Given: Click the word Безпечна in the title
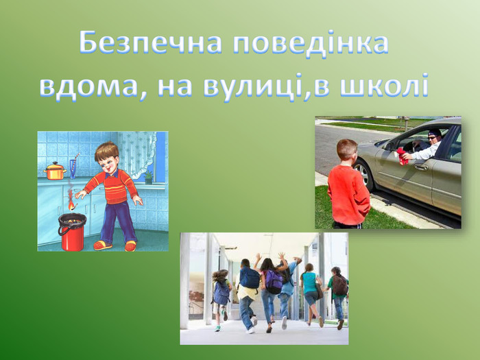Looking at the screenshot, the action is (x=150, y=43).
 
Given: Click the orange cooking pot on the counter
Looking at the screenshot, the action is (x=55, y=171).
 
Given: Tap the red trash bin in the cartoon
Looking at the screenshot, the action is (x=72, y=232).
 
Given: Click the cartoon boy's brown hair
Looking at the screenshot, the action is (x=106, y=151).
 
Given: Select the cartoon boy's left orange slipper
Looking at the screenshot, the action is (x=103, y=245).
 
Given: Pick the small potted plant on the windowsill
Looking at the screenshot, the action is (x=149, y=177).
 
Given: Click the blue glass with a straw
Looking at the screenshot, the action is (x=73, y=168).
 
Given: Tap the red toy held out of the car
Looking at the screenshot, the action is (x=402, y=156).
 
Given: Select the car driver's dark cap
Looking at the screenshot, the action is (x=435, y=132).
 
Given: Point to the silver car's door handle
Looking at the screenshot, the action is (x=421, y=167).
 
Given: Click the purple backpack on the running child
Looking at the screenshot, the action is (x=274, y=282).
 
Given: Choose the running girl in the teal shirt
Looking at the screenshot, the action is (x=311, y=293).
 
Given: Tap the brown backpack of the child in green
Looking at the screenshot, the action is (x=340, y=285).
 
